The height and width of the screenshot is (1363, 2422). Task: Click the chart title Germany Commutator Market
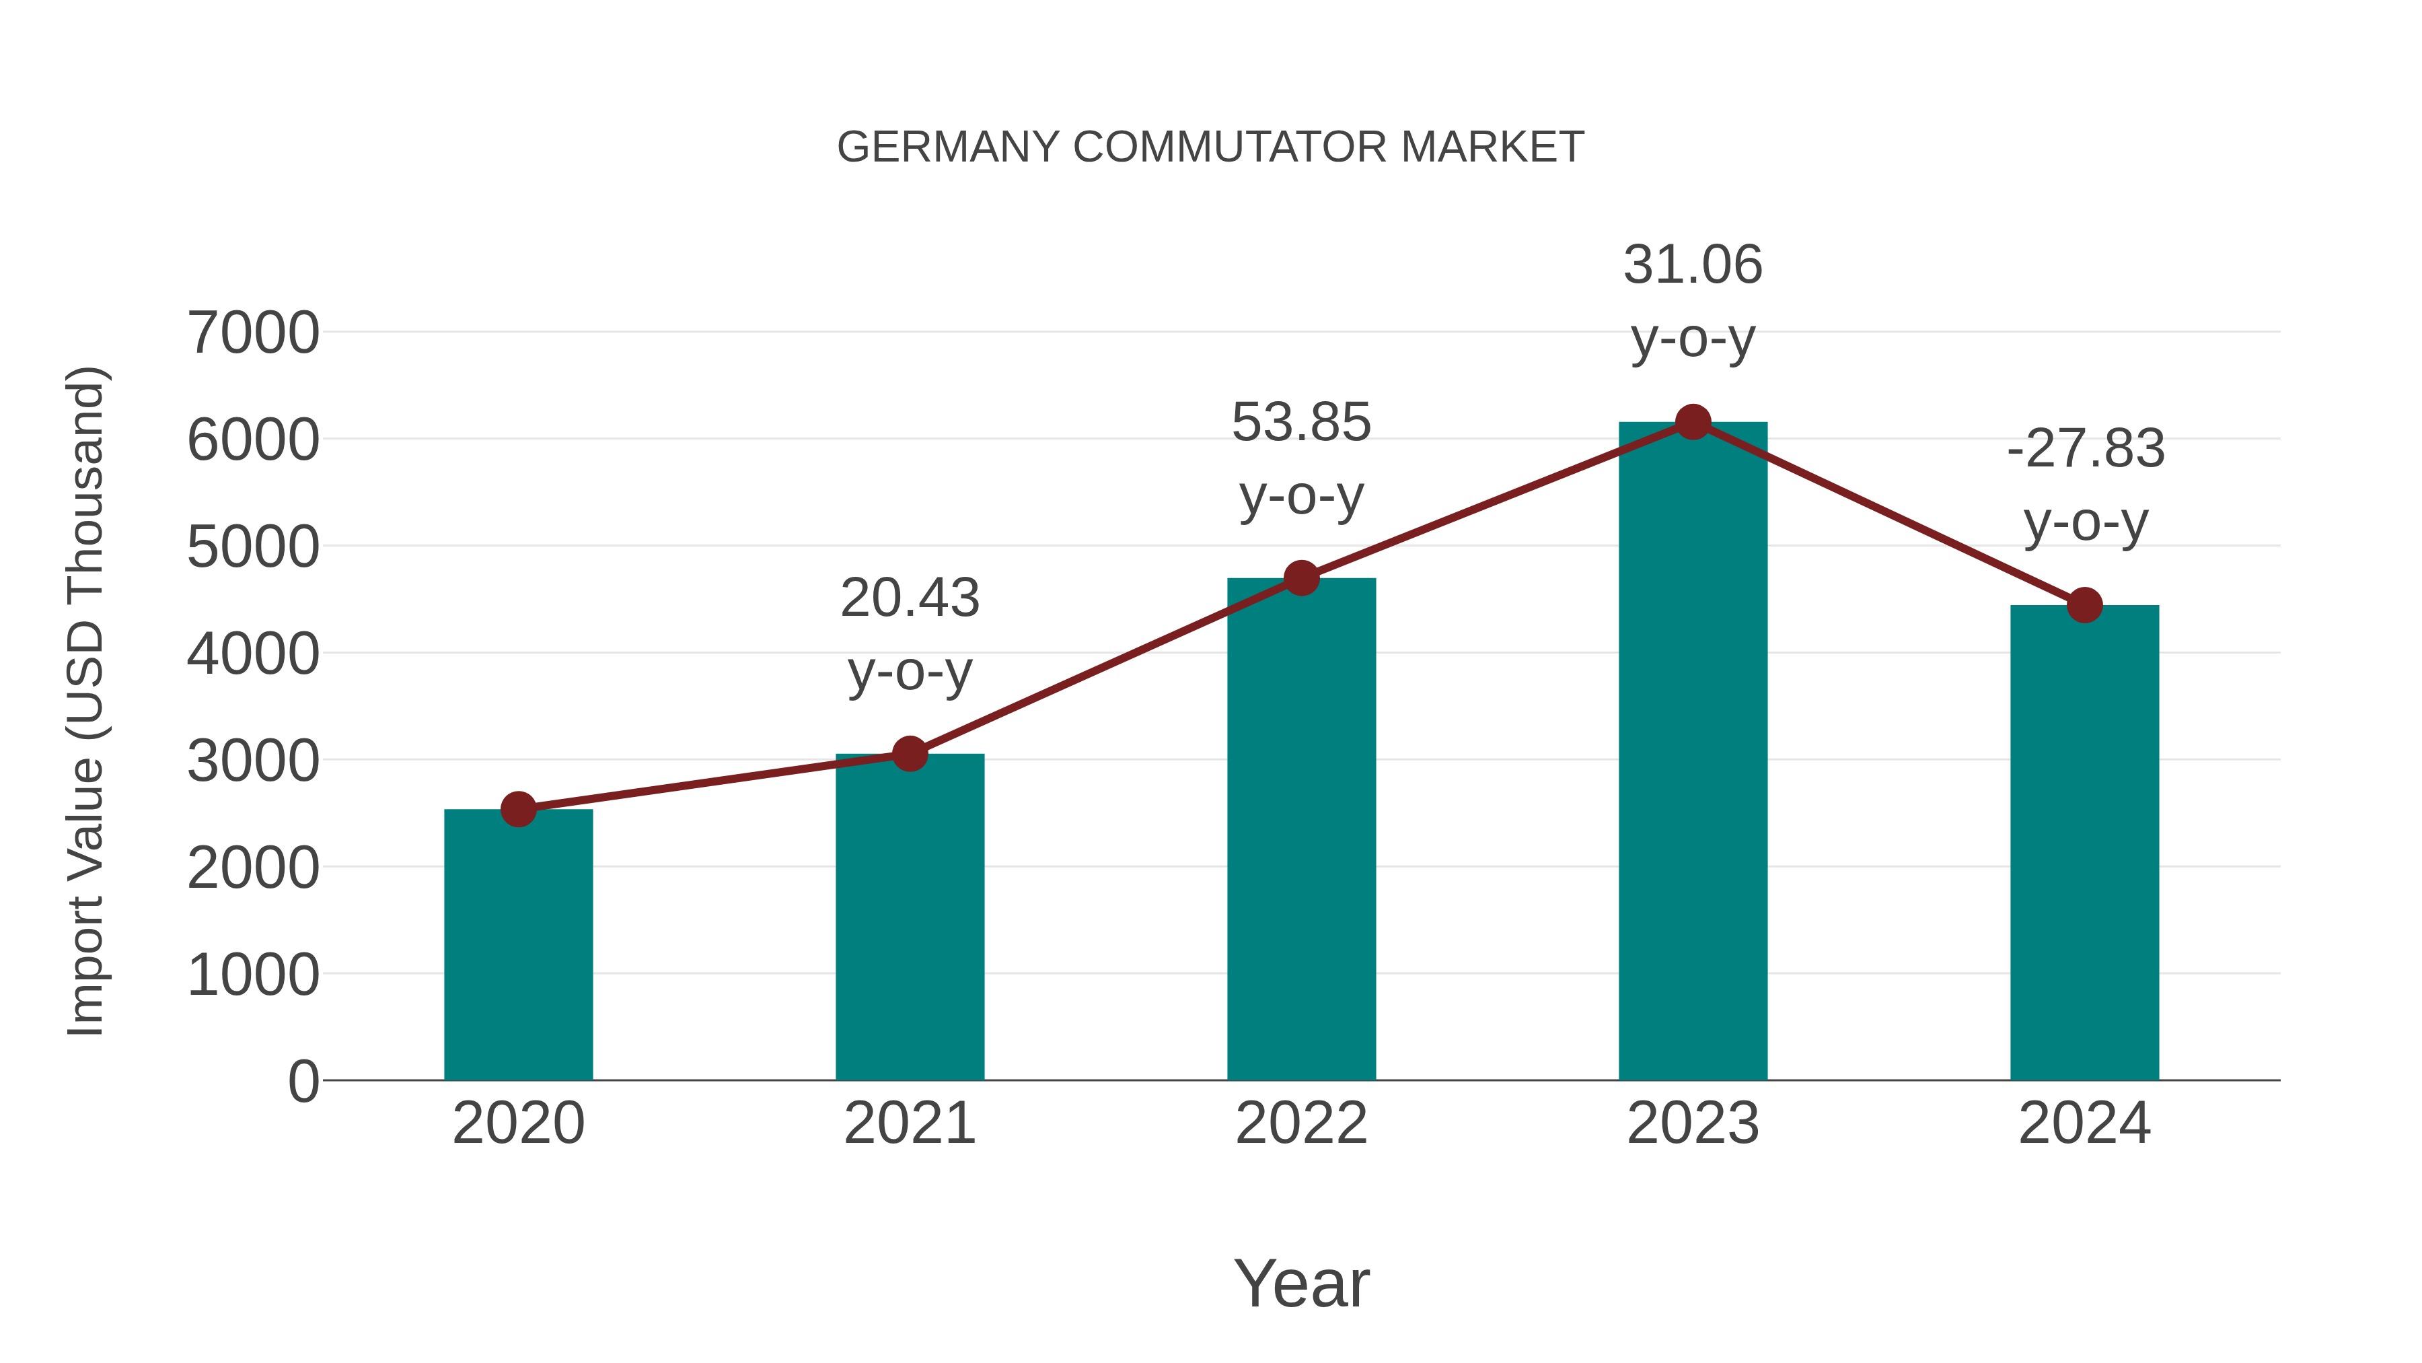click(1210, 147)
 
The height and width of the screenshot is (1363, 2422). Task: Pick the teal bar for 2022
click(1301, 828)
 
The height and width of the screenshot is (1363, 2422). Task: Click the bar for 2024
click(2084, 842)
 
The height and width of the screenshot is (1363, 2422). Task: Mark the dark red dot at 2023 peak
click(1693, 422)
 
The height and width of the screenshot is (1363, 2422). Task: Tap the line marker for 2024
click(2084, 605)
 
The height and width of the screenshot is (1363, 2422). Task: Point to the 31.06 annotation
click(1693, 300)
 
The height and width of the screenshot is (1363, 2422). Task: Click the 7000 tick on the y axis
click(253, 333)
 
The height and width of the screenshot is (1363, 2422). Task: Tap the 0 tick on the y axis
click(303, 1081)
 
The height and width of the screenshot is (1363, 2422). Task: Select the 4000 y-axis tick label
click(253, 654)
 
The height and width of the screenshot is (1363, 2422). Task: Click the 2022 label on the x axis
click(1301, 1123)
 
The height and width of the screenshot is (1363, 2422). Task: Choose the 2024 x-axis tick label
click(2084, 1123)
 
